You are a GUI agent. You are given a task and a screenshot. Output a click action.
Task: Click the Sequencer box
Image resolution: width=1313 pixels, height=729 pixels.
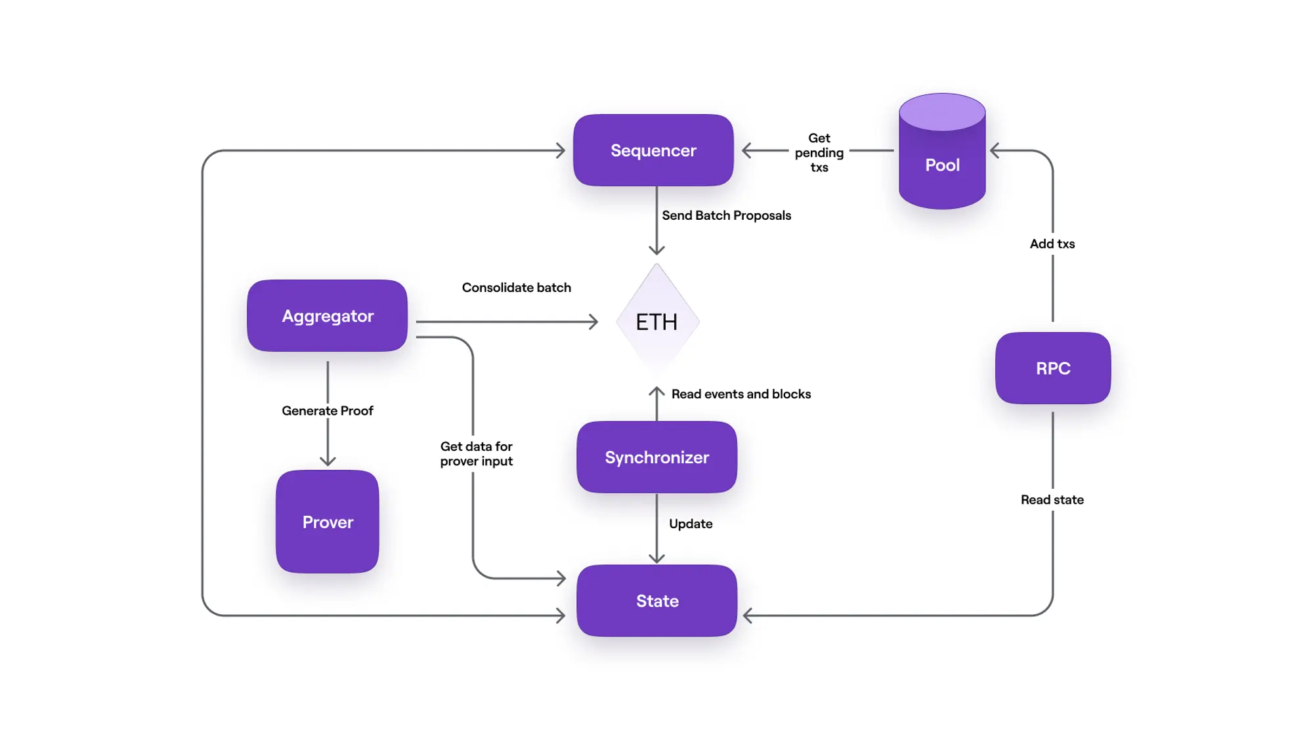pos(653,150)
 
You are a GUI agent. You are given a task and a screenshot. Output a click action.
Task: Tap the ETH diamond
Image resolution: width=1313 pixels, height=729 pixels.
pos(657,322)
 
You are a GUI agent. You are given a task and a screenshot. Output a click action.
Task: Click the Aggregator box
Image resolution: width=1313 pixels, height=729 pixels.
pos(327,316)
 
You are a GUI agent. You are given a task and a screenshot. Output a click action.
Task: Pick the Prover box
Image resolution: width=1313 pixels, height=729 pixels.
pos(327,522)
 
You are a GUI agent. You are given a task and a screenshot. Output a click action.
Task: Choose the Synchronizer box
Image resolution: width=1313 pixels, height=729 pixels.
pos(656,457)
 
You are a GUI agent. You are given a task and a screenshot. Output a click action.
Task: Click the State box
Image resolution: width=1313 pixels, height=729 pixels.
pos(656,600)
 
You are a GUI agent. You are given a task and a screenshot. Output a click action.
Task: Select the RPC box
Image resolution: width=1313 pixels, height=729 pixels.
pos(1052,368)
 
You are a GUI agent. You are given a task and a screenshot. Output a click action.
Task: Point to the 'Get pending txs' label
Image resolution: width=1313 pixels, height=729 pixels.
pos(819,152)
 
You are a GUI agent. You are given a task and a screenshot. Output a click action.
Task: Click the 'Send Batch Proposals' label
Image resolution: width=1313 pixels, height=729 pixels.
pos(726,215)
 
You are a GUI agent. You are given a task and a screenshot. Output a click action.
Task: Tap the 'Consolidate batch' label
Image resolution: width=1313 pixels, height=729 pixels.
pos(516,287)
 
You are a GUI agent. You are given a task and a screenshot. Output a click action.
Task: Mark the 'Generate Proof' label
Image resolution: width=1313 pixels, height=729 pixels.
pos(327,411)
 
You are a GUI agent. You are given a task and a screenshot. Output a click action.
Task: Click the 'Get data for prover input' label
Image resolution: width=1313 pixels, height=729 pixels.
pos(476,453)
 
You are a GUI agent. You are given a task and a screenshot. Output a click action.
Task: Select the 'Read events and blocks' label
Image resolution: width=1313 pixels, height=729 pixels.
pos(741,394)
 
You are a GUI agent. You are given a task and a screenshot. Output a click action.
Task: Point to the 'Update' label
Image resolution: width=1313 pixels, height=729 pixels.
pos(690,524)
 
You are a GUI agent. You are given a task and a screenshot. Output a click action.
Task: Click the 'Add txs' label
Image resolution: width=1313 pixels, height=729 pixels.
pos(1052,243)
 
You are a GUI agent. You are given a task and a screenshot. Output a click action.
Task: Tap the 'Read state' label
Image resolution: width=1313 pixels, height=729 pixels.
pos(1052,499)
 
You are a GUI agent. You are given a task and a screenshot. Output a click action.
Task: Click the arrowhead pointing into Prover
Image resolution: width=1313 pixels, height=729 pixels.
pos(328,461)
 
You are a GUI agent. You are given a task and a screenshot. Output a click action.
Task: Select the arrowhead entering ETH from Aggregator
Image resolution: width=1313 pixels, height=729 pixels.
pos(593,322)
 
